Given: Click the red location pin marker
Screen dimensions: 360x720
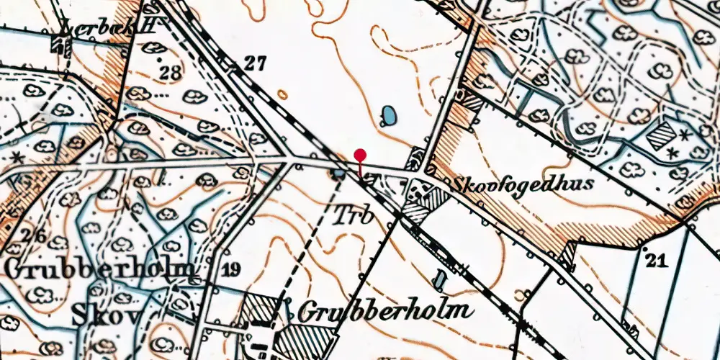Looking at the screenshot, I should tap(360, 155).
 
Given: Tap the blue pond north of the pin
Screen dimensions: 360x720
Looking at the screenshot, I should tap(389, 115).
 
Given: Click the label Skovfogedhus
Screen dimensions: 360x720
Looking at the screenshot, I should tap(522, 184).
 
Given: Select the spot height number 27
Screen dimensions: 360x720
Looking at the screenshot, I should tap(254, 63).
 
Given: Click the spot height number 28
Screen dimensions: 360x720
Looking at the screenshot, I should tap(171, 73).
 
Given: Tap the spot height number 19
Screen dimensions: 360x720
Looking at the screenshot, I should tap(231, 270).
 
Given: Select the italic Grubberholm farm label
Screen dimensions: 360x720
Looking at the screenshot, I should tap(385, 312).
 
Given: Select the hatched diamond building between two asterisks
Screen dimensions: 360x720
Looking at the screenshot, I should tap(661, 135).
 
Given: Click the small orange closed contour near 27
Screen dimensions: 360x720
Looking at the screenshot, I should tap(283, 94).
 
